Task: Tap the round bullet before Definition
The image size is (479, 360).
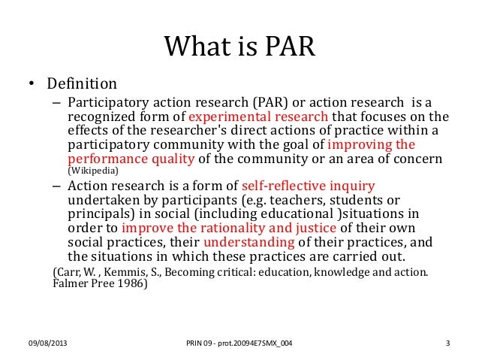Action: pyautogui.click(x=25, y=83)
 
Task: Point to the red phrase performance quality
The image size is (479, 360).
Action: pyautogui.click(x=131, y=159)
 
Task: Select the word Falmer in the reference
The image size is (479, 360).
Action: pyautogui.click(x=68, y=286)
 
